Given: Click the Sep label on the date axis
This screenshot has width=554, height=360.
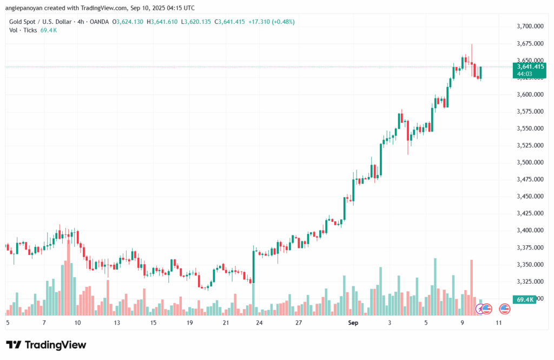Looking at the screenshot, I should coord(353,322).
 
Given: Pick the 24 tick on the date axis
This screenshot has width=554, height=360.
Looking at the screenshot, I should coord(260,322).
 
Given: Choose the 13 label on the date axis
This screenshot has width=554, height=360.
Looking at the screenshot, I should coord(116,322).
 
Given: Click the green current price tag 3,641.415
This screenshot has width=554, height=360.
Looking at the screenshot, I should coord(530,67).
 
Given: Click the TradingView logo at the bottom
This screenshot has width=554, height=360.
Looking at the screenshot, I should coord(46,345).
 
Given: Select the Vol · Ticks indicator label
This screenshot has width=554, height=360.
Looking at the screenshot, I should coord(23,30).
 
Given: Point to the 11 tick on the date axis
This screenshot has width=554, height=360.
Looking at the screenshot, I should coord(498,322).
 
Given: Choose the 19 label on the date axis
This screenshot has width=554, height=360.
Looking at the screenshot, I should coord(190,322).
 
